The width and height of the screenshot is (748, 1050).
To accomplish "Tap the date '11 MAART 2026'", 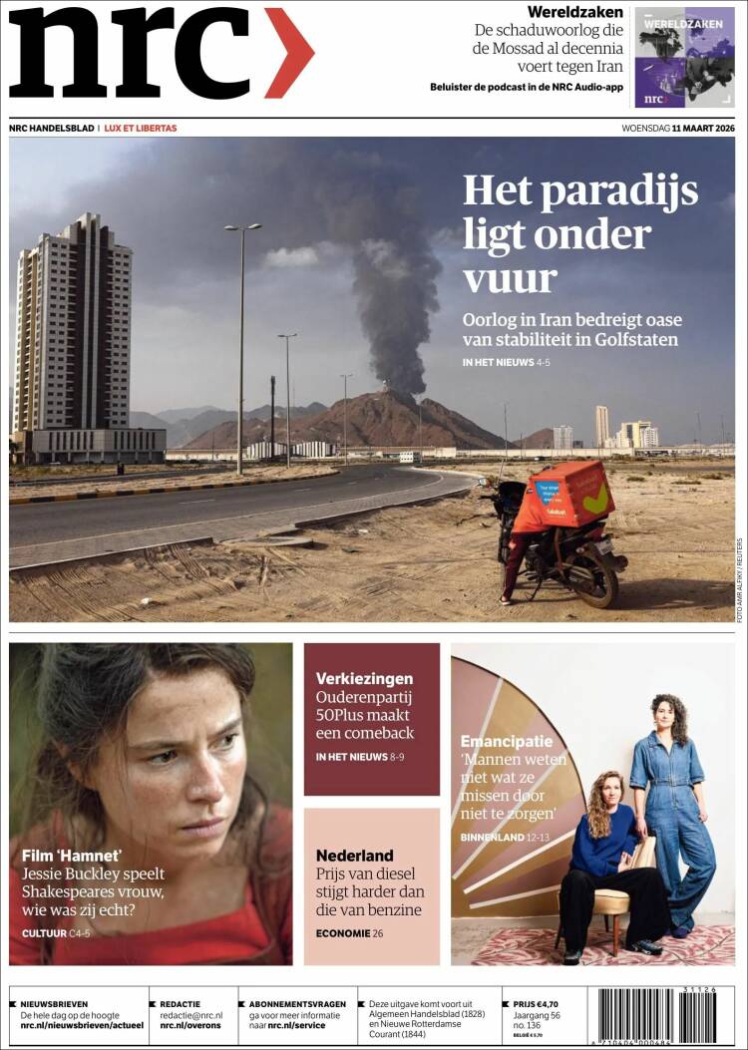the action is [x=703, y=128].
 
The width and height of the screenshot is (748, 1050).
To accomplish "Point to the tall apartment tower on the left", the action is [x=73, y=324].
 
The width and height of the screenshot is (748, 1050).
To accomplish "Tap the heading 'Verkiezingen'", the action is [x=364, y=678].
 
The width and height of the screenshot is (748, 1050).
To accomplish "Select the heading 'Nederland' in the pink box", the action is [x=354, y=855].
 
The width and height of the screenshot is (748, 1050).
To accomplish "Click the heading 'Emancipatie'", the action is [x=506, y=741].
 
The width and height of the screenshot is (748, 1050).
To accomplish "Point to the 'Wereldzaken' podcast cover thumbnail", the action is [x=684, y=58].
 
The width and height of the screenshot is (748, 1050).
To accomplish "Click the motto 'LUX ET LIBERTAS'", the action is [x=141, y=128].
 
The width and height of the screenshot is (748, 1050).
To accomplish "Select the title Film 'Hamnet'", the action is [x=72, y=855].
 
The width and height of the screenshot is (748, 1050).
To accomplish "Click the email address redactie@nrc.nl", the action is [x=191, y=1014].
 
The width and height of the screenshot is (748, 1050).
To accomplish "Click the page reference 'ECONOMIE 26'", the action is [x=349, y=933].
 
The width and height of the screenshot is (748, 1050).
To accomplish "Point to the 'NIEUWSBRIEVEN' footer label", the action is [x=54, y=1003].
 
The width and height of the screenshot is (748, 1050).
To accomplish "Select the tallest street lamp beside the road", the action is [x=241, y=349].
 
